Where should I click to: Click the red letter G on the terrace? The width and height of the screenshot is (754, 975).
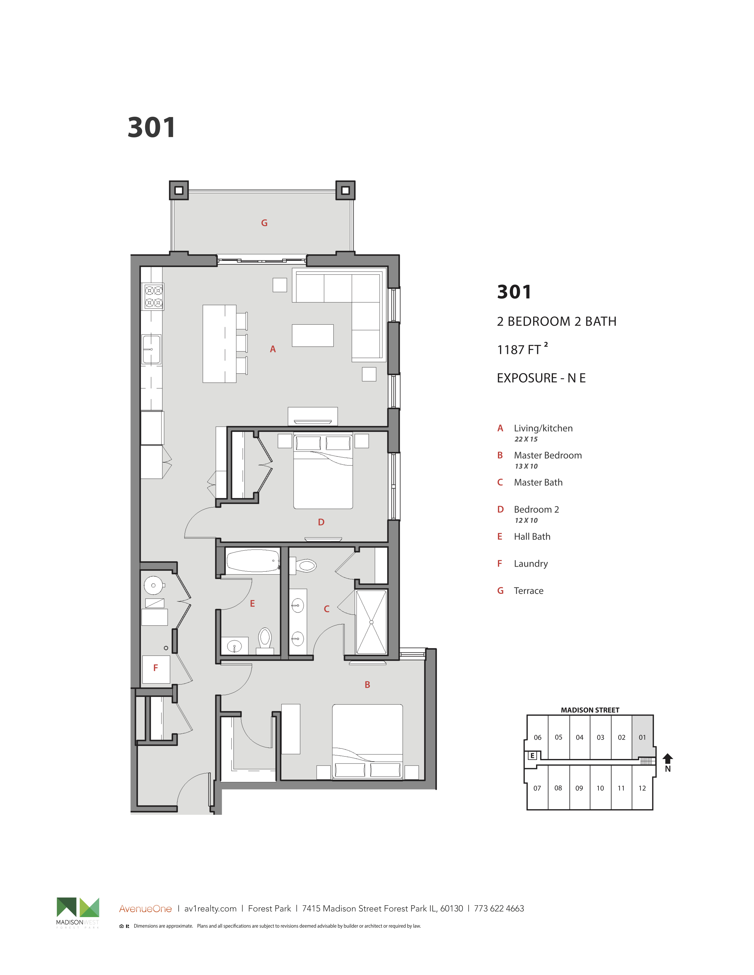(264, 223)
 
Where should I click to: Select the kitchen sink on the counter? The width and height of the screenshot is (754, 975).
(151, 350)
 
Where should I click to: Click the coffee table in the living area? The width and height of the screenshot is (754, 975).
(313, 336)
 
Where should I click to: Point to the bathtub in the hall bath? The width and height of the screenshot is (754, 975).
(253, 561)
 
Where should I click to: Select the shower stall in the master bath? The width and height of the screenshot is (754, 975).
(371, 622)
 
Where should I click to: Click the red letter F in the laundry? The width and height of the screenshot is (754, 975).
(156, 668)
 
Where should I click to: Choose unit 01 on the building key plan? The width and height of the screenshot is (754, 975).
(642, 737)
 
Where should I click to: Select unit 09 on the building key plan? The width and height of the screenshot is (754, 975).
(579, 788)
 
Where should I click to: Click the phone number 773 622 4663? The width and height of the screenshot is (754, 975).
(499, 909)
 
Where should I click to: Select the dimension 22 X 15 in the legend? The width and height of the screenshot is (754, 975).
(526, 439)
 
